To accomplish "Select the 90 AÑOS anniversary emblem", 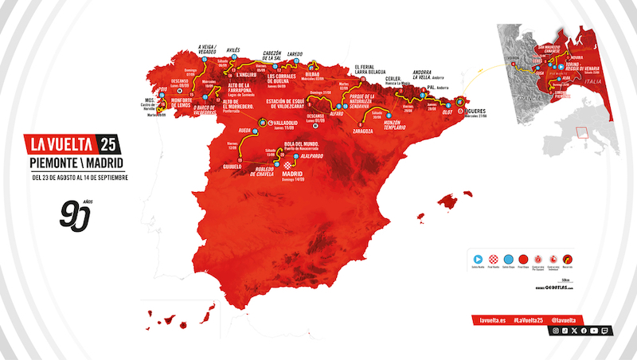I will coord(76,214).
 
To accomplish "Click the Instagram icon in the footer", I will coord(556,329).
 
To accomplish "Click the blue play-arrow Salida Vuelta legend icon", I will coord(479,258).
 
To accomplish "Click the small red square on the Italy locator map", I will coord(581,132).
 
